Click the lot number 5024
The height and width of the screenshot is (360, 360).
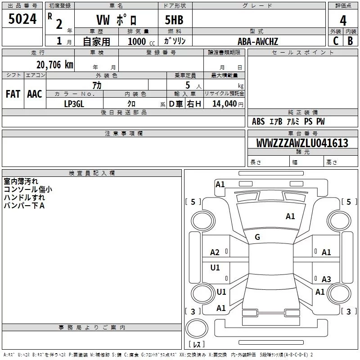pos(22,19)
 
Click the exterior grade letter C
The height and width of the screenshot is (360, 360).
pos(335,41)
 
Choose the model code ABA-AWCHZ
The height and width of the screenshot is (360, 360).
pos(258,42)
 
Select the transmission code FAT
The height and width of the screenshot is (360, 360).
pos(13,94)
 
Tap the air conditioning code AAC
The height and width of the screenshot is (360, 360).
pos(34,94)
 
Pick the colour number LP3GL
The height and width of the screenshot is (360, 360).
pos(74,104)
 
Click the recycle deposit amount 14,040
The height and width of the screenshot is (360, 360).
pos(224,104)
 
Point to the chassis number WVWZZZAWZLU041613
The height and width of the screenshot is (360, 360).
pos(302,144)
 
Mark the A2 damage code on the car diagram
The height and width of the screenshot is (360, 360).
pos(215,252)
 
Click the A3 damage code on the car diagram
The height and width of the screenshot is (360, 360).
pos(326,279)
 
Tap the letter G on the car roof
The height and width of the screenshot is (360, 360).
pos(257,237)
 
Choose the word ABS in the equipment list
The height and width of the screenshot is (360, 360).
pos(258,121)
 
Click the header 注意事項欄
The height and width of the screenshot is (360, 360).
pos(124,134)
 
